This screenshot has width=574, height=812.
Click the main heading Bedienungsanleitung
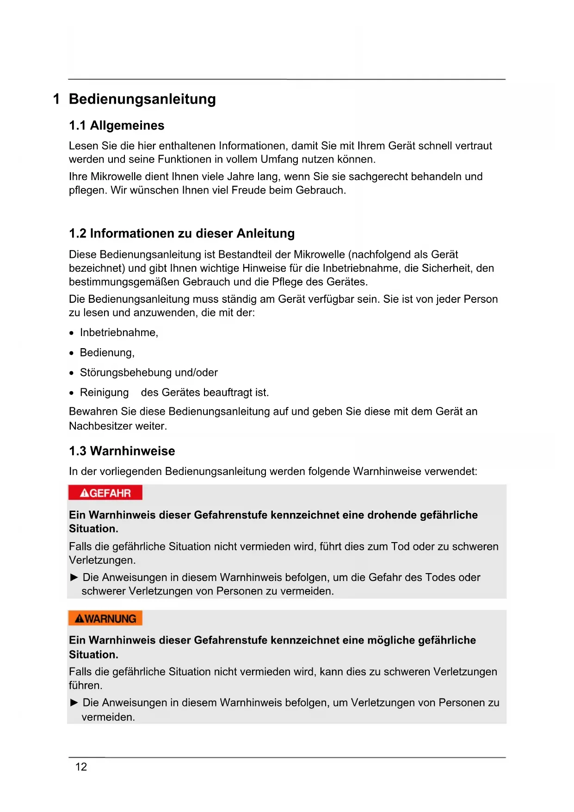click(x=142, y=99)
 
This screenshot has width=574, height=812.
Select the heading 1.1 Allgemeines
click(x=117, y=125)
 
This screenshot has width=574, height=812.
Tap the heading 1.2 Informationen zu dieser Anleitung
click(x=182, y=233)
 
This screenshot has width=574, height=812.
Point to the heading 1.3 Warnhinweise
click(x=122, y=451)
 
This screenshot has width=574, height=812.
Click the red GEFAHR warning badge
click(x=105, y=493)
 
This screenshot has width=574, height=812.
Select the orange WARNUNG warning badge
click(x=105, y=618)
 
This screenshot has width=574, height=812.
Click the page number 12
click(x=81, y=767)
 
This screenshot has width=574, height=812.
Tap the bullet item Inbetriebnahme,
click(x=119, y=332)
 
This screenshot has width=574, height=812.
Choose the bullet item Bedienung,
click(x=107, y=353)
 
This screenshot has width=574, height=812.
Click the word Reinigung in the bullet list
click(x=104, y=393)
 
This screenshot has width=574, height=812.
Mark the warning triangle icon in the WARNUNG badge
click(x=79, y=619)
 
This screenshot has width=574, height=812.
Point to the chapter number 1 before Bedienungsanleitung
click(x=56, y=99)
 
